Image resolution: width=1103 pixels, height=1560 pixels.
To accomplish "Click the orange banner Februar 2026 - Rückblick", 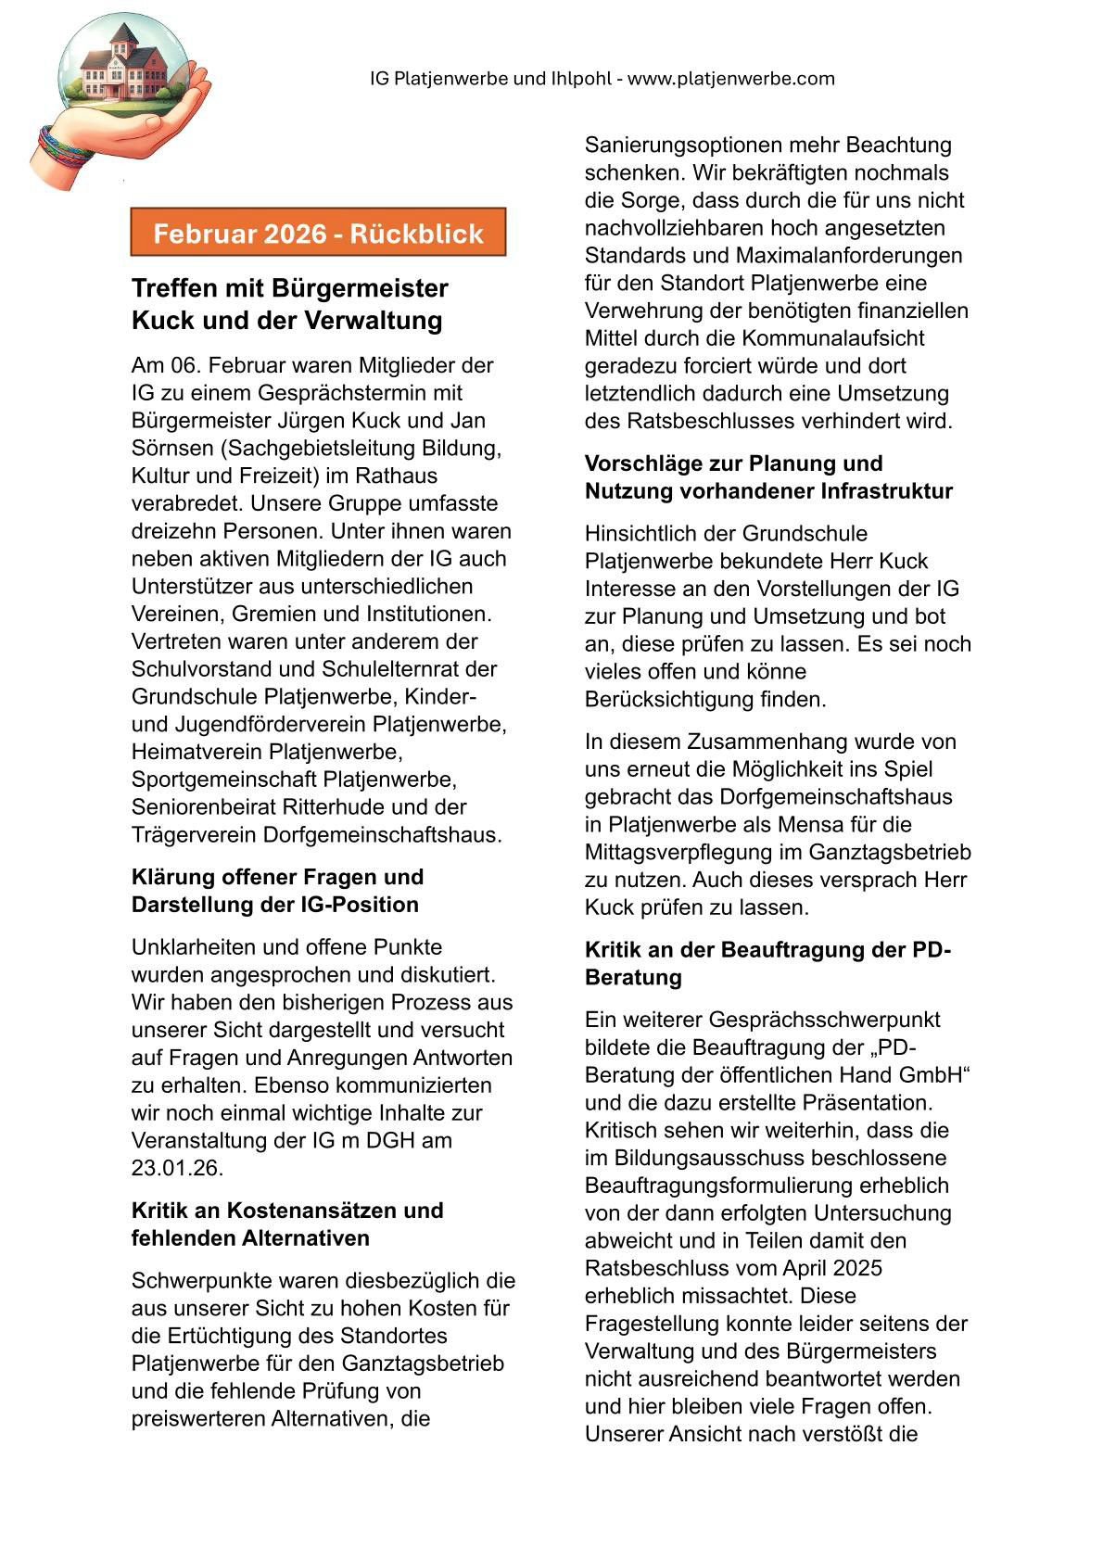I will [x=318, y=233].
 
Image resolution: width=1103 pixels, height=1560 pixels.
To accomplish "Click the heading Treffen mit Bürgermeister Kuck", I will [x=289, y=303].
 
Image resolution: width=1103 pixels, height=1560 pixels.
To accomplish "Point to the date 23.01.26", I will [x=177, y=1168].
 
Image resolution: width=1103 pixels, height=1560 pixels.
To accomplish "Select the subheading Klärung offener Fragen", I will [x=277, y=877].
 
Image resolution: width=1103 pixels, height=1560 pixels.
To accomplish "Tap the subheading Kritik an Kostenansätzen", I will [x=286, y=1211].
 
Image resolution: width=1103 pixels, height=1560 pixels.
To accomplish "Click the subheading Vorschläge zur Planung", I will [x=733, y=463].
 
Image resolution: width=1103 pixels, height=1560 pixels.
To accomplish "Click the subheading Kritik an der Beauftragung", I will [x=767, y=950].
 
